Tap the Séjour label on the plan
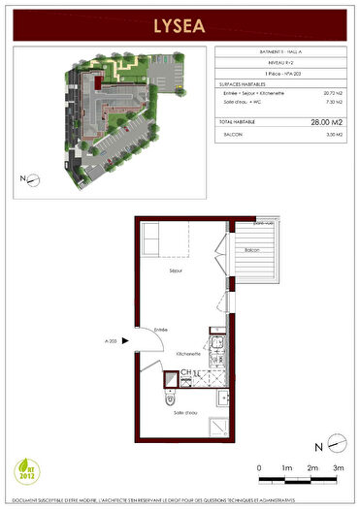coord(176,270)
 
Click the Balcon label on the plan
coord(252,251)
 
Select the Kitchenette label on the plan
coord(188,355)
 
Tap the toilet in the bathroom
coord(170,398)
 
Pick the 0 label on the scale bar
coord(260,468)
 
